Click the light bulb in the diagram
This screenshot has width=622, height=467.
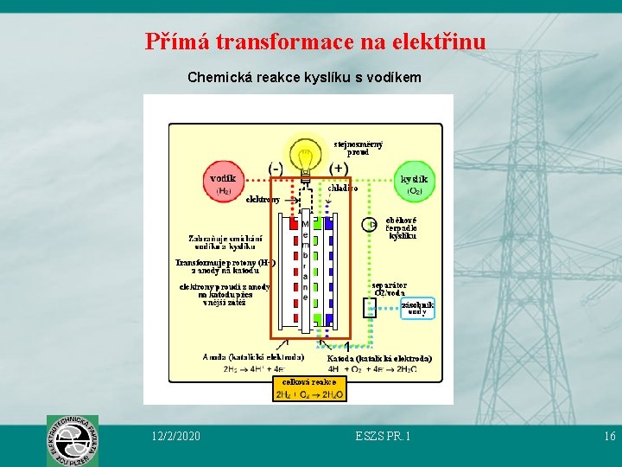(x=305, y=158)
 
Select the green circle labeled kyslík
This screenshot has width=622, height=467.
(x=414, y=184)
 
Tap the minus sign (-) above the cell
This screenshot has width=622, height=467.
(x=276, y=168)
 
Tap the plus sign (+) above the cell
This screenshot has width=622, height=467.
(x=339, y=168)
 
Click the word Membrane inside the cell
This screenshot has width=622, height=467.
(x=305, y=259)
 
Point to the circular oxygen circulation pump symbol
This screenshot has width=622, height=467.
(x=370, y=225)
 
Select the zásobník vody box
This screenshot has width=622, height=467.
(x=417, y=308)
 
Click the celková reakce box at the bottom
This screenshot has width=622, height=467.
(x=309, y=388)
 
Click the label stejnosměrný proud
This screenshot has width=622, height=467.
(x=359, y=148)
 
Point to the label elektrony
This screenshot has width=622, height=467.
(x=263, y=200)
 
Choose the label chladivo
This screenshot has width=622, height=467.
(x=343, y=188)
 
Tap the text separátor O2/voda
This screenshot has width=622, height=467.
(x=389, y=288)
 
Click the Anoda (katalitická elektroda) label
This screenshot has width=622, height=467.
(x=253, y=356)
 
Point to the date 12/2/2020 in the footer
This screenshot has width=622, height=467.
(x=175, y=436)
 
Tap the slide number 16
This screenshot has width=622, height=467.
(x=609, y=436)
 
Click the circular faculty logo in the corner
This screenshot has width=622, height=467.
(x=73, y=440)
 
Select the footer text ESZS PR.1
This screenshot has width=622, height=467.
(x=383, y=436)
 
